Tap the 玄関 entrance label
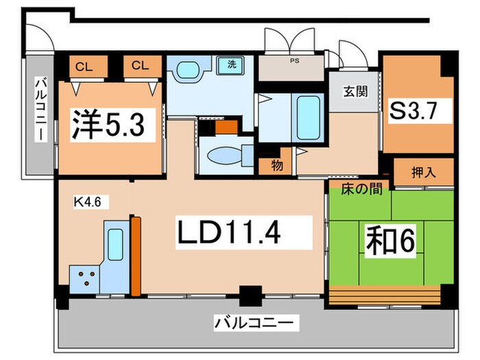point(352,91)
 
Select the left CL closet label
point(84,66)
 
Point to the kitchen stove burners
point(86,278)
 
